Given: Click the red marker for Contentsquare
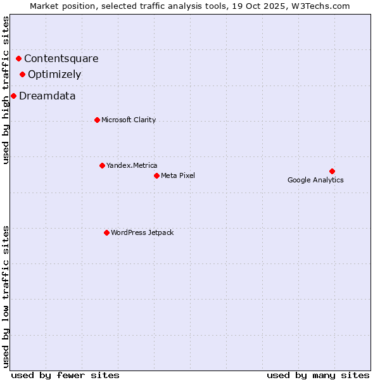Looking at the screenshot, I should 18,59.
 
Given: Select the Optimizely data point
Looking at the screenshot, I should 22,75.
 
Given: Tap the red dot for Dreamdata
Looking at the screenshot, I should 13,96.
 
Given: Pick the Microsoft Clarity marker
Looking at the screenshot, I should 97,120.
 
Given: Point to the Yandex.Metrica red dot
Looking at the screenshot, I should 102,165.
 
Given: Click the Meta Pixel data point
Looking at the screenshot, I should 156,175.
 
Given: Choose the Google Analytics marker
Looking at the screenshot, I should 332,171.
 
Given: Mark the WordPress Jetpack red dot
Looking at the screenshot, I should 106,232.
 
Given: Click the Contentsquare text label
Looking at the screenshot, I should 61,59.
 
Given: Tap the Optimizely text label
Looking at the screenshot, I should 54,75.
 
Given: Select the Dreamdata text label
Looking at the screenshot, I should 47,96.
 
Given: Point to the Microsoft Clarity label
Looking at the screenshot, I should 129,120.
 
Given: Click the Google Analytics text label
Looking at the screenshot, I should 315,180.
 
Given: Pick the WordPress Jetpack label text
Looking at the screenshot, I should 142,232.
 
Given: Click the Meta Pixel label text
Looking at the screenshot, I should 178,175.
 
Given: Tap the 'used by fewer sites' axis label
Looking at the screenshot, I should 65,375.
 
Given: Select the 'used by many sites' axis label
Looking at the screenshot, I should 318,375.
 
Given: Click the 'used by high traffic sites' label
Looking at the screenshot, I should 6,90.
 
